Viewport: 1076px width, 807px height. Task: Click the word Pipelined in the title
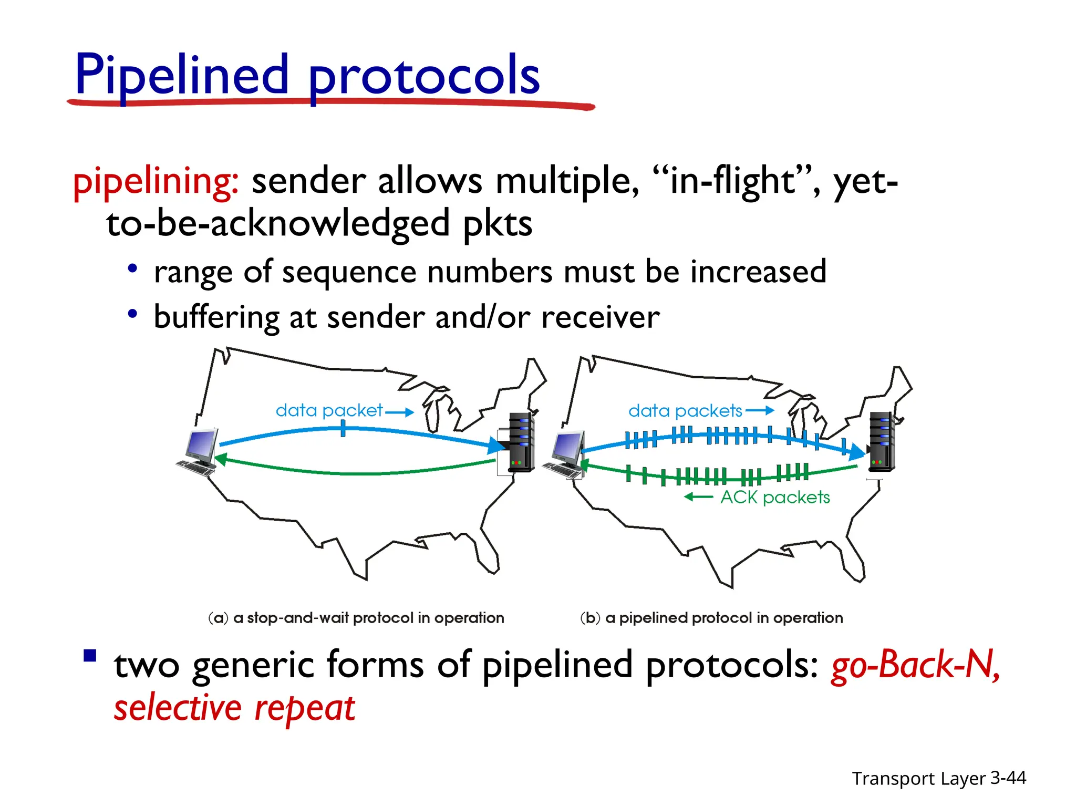pyautogui.click(x=181, y=75)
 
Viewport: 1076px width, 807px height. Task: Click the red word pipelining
pyautogui.click(x=156, y=181)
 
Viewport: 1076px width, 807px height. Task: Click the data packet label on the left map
pyautogui.click(x=329, y=410)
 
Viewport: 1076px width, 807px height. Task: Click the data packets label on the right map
pyautogui.click(x=685, y=411)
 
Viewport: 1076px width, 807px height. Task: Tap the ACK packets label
pyautogui.click(x=775, y=497)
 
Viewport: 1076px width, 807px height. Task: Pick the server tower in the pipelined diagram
pyautogui.click(x=881, y=441)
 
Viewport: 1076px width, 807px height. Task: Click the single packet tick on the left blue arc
pyautogui.click(x=343, y=429)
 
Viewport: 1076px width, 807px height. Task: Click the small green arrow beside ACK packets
pyautogui.click(x=698, y=497)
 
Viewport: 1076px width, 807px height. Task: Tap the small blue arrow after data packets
pyautogui.click(x=760, y=410)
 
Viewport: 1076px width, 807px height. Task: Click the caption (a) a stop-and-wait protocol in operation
pyautogui.click(x=356, y=618)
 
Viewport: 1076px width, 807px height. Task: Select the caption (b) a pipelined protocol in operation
pyautogui.click(x=711, y=618)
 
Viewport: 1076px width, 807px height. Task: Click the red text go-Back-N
pyautogui.click(x=915, y=665)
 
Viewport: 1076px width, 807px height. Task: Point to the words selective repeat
pyautogui.click(x=234, y=708)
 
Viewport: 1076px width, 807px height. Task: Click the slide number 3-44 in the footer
pyautogui.click(x=1008, y=778)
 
